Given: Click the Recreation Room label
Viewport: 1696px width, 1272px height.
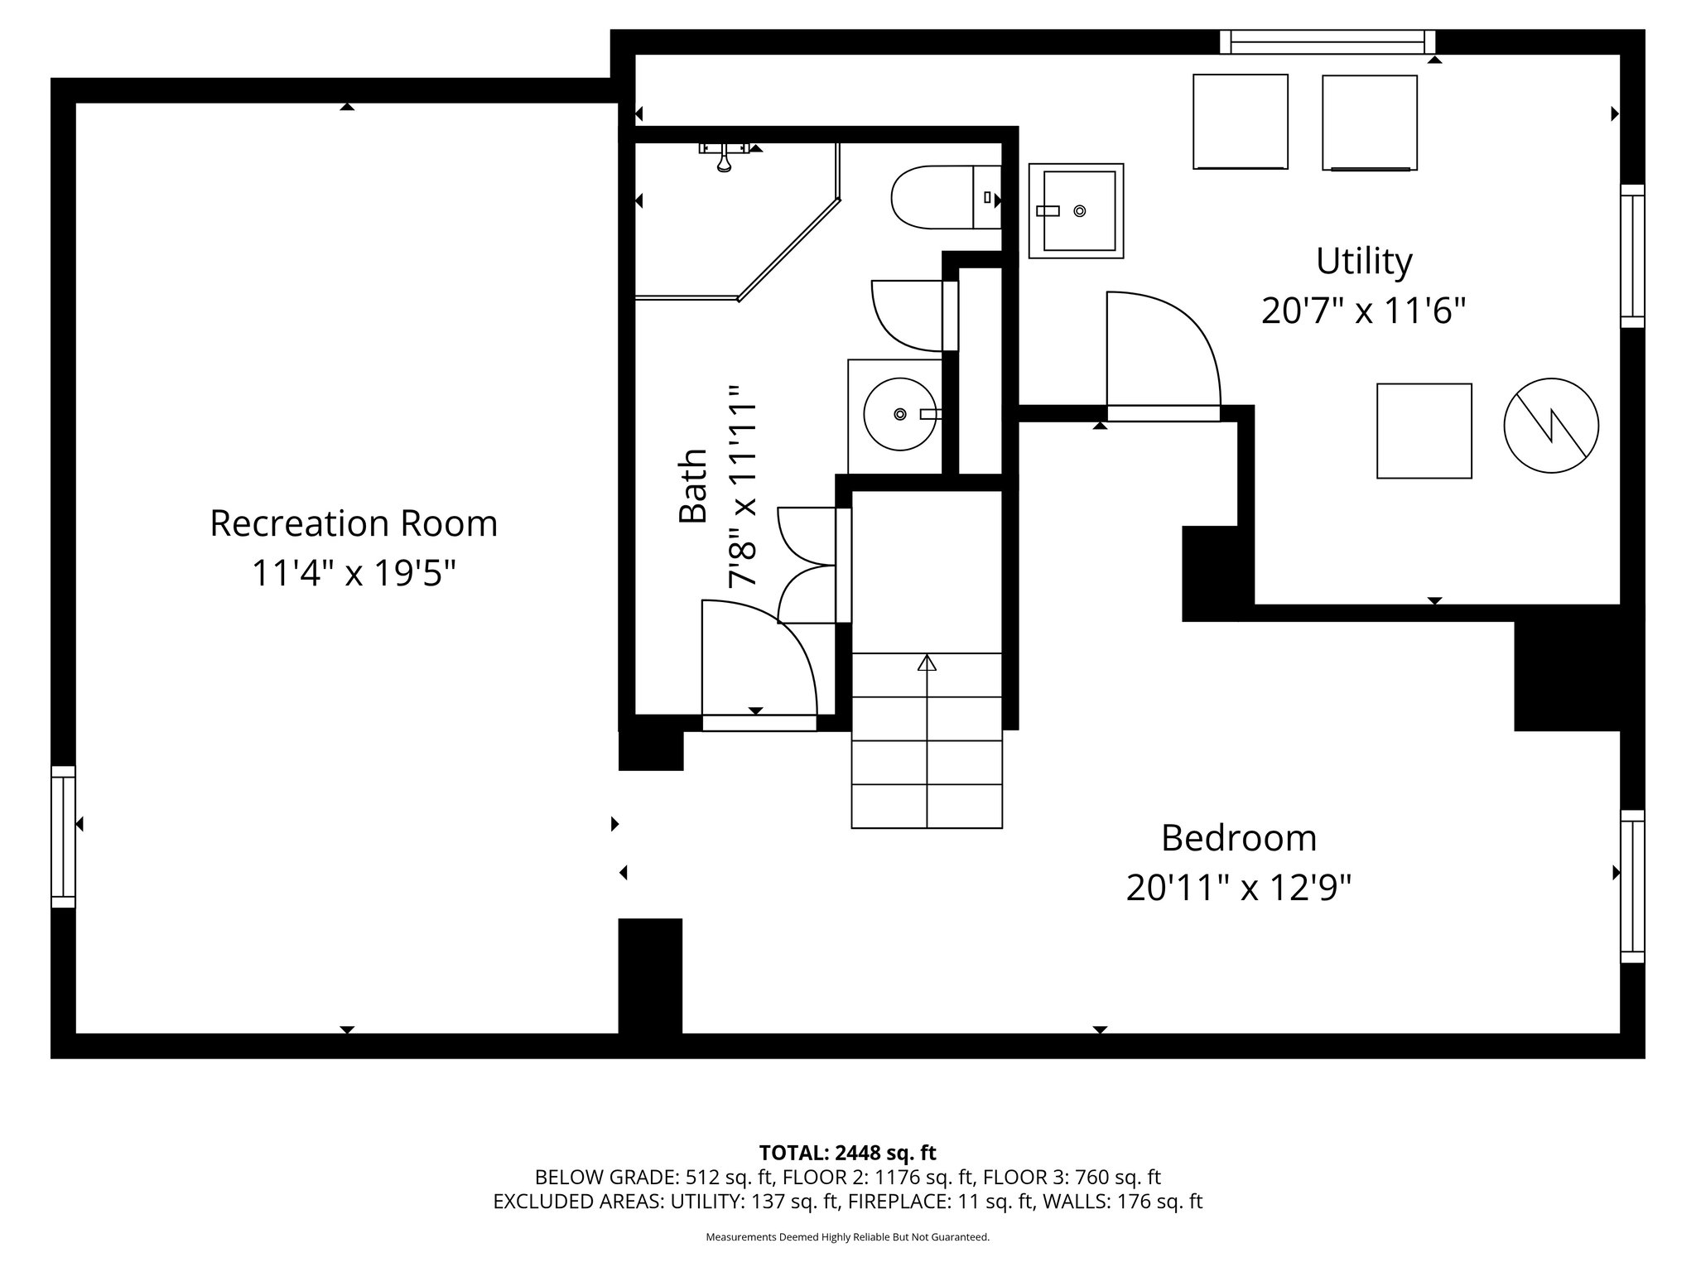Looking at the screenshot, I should pyautogui.click(x=354, y=523).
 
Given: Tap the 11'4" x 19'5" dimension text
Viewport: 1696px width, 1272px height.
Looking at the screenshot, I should pyautogui.click(x=354, y=573).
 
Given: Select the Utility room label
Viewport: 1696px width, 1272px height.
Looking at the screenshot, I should pyautogui.click(x=1363, y=261).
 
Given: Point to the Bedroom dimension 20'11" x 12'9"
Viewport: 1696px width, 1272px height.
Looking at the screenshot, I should pyautogui.click(x=1238, y=889).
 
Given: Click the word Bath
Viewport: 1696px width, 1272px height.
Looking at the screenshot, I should pyautogui.click(x=693, y=486).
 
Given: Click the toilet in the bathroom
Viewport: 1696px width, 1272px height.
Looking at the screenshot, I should pyautogui.click(x=944, y=197).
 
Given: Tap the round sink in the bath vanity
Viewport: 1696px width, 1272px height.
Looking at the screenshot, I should pyautogui.click(x=899, y=413).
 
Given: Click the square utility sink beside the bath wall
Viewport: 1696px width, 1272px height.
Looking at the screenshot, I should pyautogui.click(x=1076, y=211).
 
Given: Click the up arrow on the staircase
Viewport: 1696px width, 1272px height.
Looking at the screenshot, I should pyautogui.click(x=927, y=662).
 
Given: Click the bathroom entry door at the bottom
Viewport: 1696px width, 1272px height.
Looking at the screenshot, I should pyautogui.click(x=758, y=662).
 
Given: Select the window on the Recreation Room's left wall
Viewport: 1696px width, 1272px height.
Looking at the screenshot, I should pyautogui.click(x=63, y=836).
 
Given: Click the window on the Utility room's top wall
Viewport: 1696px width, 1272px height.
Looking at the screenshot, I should pyautogui.click(x=1327, y=41).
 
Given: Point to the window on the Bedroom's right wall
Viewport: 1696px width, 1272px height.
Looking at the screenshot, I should pyautogui.click(x=1631, y=886).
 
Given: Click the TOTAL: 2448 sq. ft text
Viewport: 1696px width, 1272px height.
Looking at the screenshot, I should pyautogui.click(x=847, y=1152).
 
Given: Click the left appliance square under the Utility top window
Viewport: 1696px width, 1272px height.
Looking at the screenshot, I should pyautogui.click(x=1240, y=122).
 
